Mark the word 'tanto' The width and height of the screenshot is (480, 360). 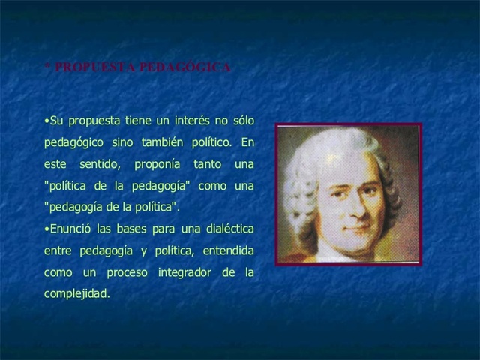[x=208, y=164]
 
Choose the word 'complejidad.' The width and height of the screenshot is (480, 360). [x=77, y=293]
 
